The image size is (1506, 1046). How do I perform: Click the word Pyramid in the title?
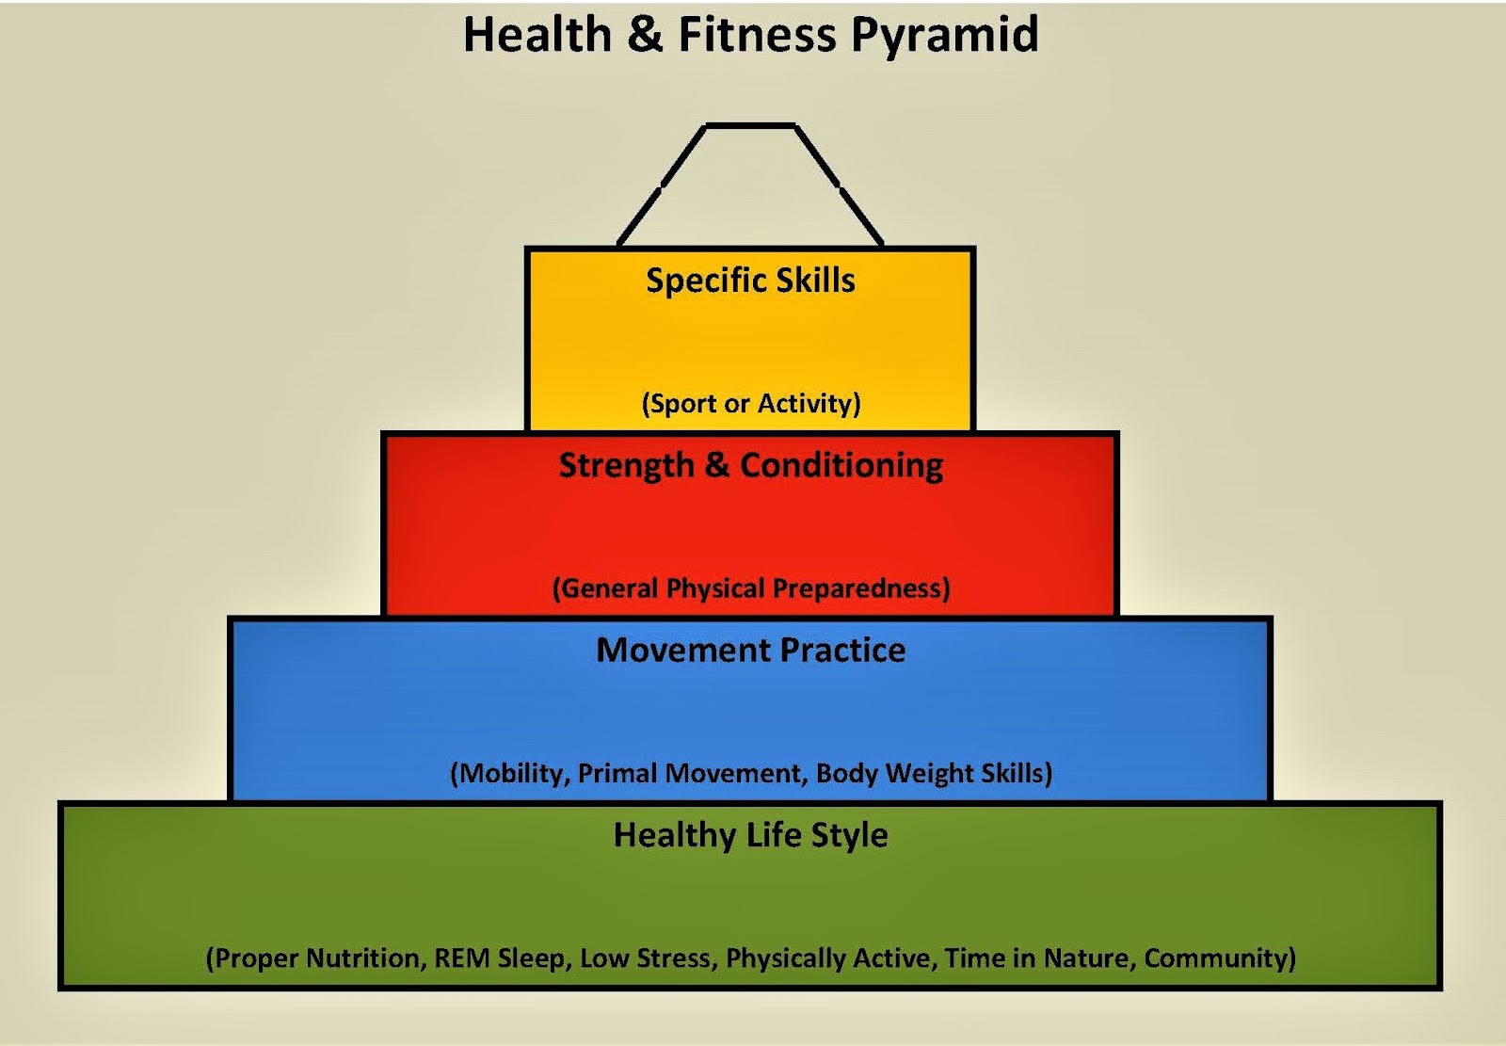point(945,36)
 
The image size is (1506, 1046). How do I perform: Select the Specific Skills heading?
point(750,281)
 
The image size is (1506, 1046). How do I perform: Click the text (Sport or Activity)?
point(750,404)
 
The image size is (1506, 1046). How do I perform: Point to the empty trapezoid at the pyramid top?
point(750,188)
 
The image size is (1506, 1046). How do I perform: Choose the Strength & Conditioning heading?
point(750,466)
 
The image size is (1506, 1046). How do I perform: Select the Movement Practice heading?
point(750,651)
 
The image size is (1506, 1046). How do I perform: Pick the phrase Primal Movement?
point(689,774)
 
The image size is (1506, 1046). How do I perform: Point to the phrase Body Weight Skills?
point(931,774)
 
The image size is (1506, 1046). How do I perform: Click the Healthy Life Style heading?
point(750,835)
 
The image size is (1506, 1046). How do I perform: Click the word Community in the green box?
point(1217,958)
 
